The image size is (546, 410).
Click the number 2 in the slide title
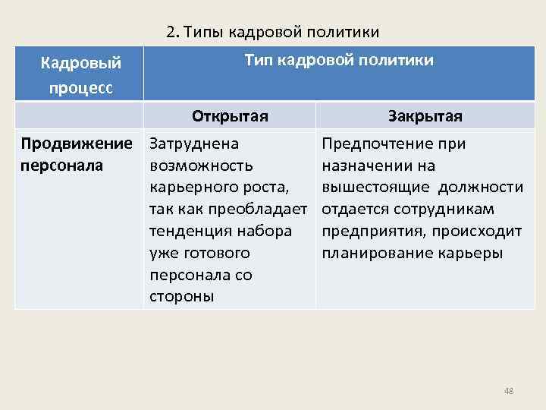[x=171, y=32]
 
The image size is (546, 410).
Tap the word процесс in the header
[x=80, y=87]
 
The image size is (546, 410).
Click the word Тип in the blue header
[x=259, y=60]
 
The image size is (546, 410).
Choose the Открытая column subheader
[x=230, y=117]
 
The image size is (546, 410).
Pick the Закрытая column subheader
[x=425, y=117]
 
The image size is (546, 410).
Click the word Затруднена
[x=194, y=143]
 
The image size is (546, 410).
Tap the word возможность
[x=202, y=166]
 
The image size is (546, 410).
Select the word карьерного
[x=191, y=188]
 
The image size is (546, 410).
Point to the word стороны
[x=182, y=296]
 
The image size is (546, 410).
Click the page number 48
[x=509, y=391]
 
